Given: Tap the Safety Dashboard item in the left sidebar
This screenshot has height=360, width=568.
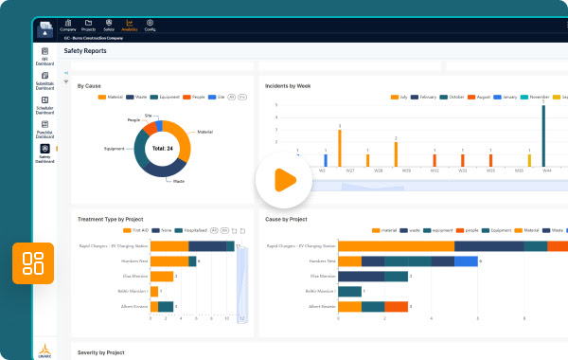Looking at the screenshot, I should pos(44,154).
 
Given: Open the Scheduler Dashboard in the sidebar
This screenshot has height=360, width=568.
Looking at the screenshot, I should pos(44,106).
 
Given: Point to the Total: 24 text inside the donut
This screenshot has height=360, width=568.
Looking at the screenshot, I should pos(162,149).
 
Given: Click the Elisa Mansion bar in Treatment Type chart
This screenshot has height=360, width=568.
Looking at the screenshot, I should pos(161,277).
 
